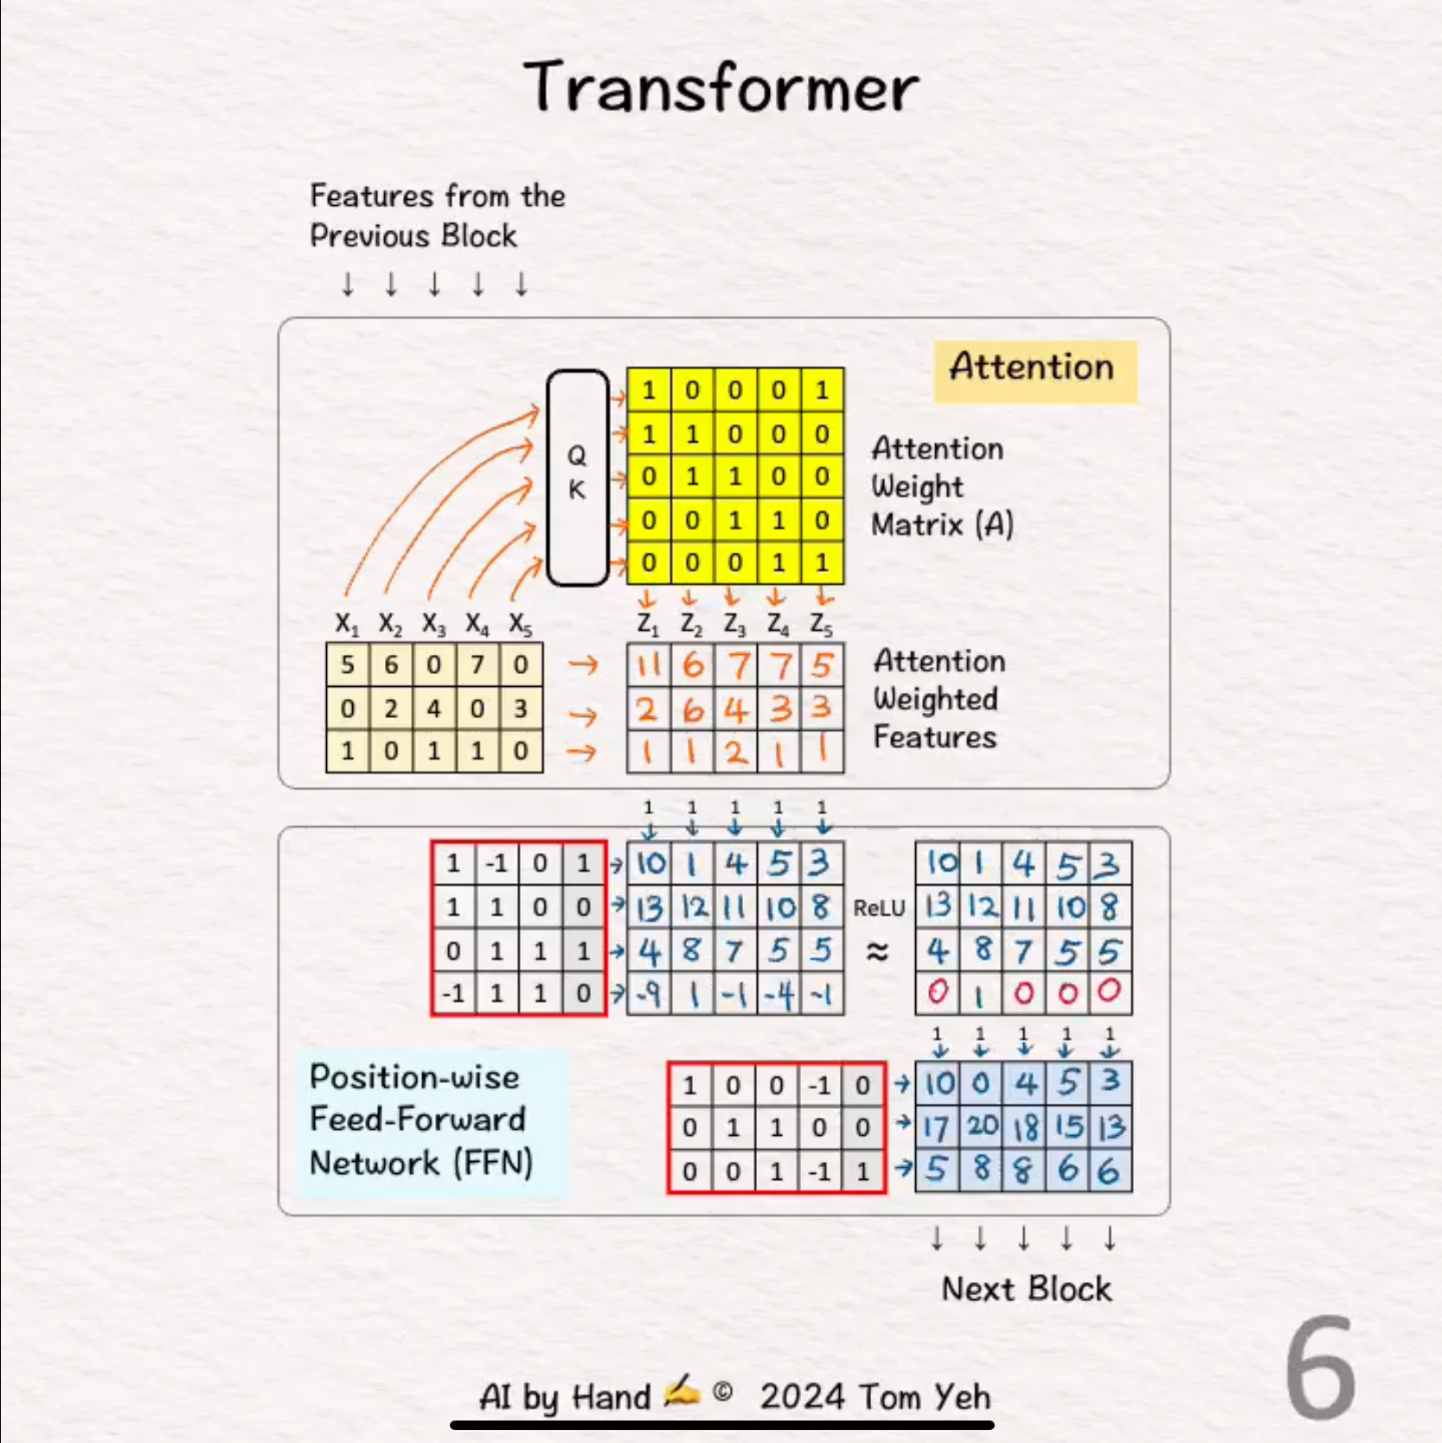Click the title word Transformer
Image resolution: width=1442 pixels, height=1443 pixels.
721,87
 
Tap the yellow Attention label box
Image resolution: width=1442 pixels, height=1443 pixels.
1035,370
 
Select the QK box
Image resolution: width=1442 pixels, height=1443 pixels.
578,478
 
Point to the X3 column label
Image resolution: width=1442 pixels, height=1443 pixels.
434,624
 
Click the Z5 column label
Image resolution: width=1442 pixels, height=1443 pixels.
822,624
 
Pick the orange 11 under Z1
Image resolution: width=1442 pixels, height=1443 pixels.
649,665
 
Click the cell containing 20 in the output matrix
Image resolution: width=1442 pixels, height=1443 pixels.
982,1126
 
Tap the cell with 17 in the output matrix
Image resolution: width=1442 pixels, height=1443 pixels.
937,1126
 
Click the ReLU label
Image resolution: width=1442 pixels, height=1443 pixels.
879,908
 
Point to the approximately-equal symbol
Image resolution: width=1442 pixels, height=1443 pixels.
877,952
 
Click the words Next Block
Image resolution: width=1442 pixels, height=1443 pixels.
1026,1289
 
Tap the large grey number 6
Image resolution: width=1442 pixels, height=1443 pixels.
1320,1369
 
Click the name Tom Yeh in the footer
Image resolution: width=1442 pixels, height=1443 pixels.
925,1396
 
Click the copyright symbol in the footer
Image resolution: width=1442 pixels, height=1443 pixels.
723,1393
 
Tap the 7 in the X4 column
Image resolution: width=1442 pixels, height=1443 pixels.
477,664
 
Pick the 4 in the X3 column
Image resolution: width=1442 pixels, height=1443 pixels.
434,709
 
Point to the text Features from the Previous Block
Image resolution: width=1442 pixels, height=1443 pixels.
437,216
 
